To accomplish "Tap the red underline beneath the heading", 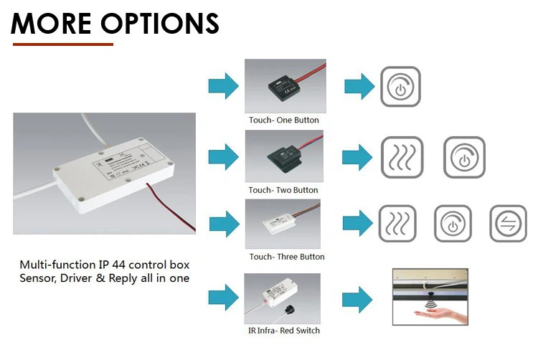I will tap(63, 44).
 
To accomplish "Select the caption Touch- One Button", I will tap(285, 120).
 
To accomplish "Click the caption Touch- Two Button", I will tap(285, 189).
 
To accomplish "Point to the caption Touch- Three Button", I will tap(286, 256).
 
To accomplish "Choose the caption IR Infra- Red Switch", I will tap(284, 330).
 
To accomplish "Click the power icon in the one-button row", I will tap(400, 86).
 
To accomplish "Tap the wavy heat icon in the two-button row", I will tap(402, 157).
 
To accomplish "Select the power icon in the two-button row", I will tap(464, 157).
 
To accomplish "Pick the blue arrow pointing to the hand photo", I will tap(359, 298).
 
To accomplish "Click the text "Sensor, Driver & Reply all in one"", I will tap(105, 278).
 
